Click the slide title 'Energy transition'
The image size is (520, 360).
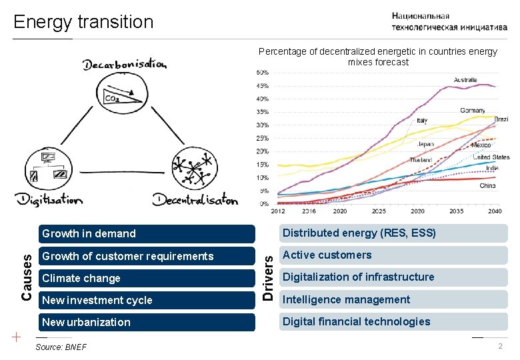pyautogui.click(x=83, y=21)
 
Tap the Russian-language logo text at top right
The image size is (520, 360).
pyautogui.click(x=449, y=21)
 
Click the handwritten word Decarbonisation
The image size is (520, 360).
pyautogui.click(x=125, y=64)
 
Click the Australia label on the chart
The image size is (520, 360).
pyautogui.click(x=465, y=80)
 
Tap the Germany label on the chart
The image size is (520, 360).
pyautogui.click(x=472, y=110)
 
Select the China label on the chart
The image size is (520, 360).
pyautogui.click(x=487, y=186)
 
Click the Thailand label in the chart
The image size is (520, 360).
pyautogui.click(x=421, y=160)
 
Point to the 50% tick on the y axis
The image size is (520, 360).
pyautogui.click(x=263, y=72)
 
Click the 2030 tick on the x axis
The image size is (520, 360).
pyautogui.click(x=417, y=211)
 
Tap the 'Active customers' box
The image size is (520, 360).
pyautogui.click(x=393, y=255)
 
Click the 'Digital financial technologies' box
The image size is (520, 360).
pyautogui.click(x=393, y=321)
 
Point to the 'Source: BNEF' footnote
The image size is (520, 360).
pyautogui.click(x=61, y=347)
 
